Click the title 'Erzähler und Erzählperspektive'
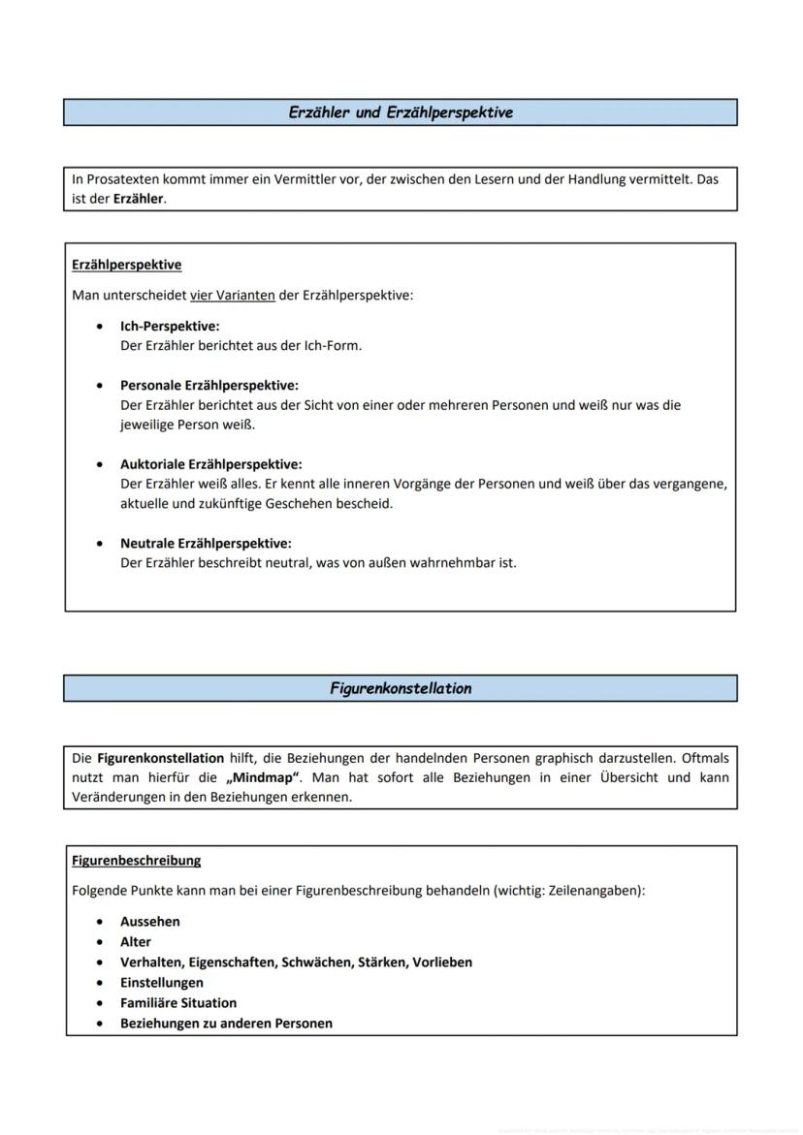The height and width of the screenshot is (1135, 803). pos(401,112)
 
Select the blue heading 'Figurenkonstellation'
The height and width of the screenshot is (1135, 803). pos(401,688)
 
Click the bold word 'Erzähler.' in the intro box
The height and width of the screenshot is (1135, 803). pos(140,199)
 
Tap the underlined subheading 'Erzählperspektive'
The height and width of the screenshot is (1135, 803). pos(126,265)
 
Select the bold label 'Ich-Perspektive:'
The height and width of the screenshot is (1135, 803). pos(170,326)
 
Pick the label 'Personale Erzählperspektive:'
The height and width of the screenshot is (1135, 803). pos(209,385)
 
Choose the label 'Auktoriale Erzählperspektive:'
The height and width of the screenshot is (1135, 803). pos(210,464)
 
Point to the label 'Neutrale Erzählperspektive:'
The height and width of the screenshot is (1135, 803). pos(206,543)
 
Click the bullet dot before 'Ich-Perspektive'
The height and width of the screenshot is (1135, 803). pos(100,327)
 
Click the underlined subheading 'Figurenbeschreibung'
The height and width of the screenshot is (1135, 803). pos(136,860)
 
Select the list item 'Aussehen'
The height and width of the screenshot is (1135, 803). pos(149,921)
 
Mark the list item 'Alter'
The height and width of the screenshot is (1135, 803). pos(136,941)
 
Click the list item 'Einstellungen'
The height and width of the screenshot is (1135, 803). pos(161,982)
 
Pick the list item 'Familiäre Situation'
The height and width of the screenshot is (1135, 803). pos(177,1002)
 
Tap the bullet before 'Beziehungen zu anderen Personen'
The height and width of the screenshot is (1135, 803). pos(100,1024)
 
